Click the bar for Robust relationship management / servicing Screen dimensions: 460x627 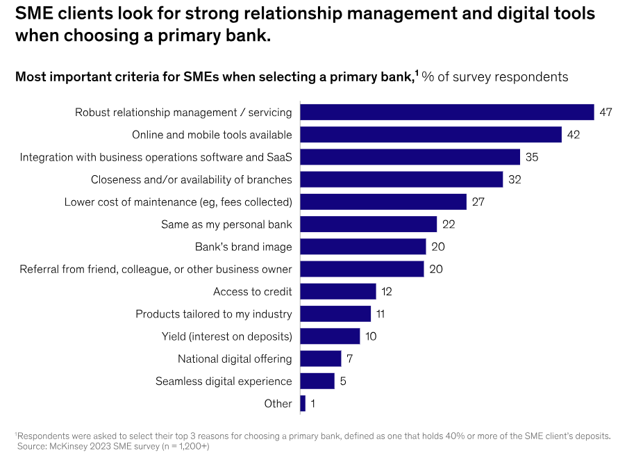(446, 113)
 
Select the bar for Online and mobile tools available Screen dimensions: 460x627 (430, 135)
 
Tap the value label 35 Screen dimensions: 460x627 (532, 157)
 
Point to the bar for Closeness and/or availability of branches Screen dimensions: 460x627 (401, 179)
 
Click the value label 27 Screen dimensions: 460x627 (478, 202)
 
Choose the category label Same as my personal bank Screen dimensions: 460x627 (226, 224)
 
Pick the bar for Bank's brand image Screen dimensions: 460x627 (362, 247)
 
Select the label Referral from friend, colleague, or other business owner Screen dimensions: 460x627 (156, 269)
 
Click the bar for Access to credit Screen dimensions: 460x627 (337, 291)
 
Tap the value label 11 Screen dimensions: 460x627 (381, 314)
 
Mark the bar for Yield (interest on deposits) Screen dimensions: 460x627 (330, 336)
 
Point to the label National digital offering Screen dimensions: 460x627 (235, 359)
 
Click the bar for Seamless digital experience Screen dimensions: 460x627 (317, 381)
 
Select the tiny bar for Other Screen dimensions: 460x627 (303, 404)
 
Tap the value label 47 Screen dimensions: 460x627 (605, 113)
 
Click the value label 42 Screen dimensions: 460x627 (573, 135)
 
